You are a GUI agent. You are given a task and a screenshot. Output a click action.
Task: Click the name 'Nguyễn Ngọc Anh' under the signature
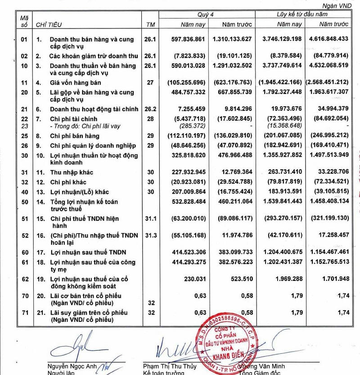pyautogui.click(x=71, y=366)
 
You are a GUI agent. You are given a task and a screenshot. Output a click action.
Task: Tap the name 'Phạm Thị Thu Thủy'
pyautogui.click(x=170, y=366)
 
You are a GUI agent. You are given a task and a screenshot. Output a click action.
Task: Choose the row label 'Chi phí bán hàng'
pyautogui.click(x=74, y=136)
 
